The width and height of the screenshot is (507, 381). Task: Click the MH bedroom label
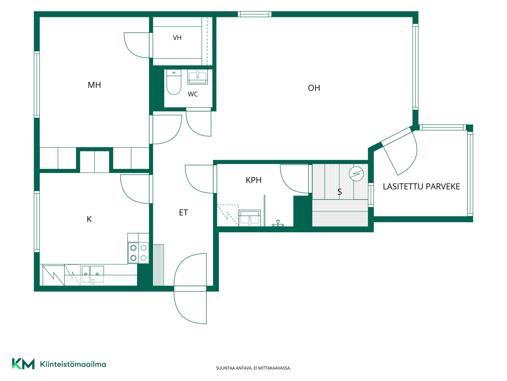[x=94, y=85]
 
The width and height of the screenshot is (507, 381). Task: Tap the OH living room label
[x=314, y=88]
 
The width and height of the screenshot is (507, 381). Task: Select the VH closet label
[x=177, y=38]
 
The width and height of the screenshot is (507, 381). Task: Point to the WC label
[x=193, y=94]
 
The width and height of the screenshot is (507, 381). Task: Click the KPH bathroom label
[x=253, y=180]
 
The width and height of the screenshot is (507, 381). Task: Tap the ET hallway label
[x=184, y=212]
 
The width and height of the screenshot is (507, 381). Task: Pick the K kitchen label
[x=89, y=219]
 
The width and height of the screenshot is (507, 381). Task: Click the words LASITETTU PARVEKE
[x=421, y=187]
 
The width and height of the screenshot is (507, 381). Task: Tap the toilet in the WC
[x=174, y=82]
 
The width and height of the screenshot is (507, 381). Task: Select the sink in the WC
[x=198, y=77]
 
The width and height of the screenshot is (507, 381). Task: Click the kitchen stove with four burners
[x=138, y=253]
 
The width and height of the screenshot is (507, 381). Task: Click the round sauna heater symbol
[x=356, y=174]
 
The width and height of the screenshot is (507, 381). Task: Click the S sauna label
[x=340, y=192]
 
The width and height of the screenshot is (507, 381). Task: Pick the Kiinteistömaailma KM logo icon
[x=23, y=364]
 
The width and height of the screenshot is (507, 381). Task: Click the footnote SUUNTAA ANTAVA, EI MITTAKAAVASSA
[x=253, y=368]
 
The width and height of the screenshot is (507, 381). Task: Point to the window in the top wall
[x=255, y=14]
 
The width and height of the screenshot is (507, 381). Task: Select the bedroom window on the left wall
[x=37, y=84]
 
